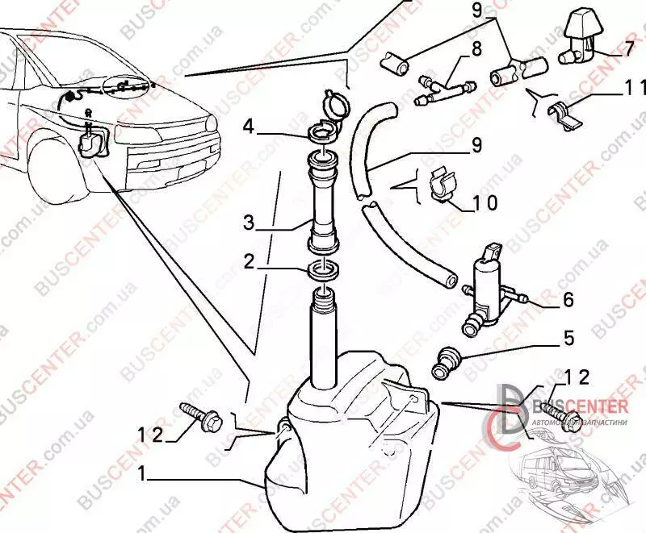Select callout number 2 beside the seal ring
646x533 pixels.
pyautogui.click(x=250, y=261)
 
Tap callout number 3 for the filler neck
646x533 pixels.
pyautogui.click(x=250, y=219)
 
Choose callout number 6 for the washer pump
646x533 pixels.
pyautogui.click(x=567, y=300)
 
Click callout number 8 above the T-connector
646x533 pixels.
pyautogui.click(x=476, y=48)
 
